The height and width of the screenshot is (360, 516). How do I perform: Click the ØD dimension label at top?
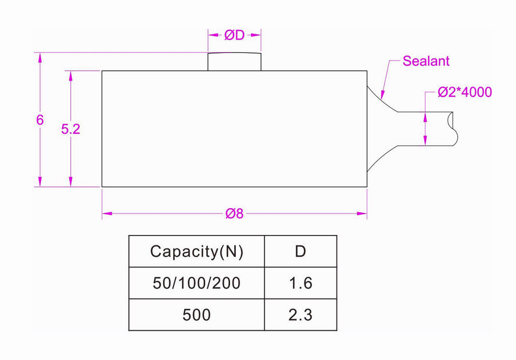[234, 35]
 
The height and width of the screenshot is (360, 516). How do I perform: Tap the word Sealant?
[426, 61]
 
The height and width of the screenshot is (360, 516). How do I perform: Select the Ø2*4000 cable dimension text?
[465, 92]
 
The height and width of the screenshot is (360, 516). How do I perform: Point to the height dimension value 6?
[40, 120]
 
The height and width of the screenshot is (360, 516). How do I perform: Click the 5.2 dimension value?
[70, 129]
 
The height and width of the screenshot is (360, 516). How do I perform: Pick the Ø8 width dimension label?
[234, 213]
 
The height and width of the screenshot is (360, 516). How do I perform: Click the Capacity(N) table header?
[196, 251]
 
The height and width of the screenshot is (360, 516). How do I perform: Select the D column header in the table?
[300, 251]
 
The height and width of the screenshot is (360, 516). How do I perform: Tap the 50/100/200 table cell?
[196, 283]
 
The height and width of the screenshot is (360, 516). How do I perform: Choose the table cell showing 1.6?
[300, 283]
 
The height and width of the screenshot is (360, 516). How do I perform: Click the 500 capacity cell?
[196, 315]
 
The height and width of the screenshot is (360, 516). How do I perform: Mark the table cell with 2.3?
[300, 315]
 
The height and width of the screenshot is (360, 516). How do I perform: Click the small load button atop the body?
[234, 62]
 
